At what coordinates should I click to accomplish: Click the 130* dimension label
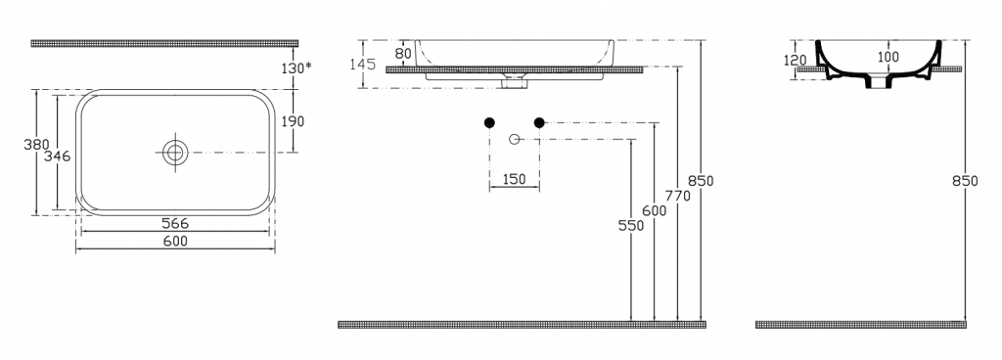click(296, 67)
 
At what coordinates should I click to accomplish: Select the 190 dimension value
click(293, 121)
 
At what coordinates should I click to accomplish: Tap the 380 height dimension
click(36, 144)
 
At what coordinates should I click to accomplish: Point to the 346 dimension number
click(57, 156)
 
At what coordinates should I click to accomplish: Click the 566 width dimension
click(175, 223)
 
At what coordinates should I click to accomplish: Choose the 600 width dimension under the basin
click(175, 241)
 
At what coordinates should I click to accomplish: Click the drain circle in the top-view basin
click(175, 153)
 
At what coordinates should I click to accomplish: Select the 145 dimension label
click(362, 64)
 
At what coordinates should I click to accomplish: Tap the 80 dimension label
click(403, 54)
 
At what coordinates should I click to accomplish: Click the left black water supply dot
click(489, 122)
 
